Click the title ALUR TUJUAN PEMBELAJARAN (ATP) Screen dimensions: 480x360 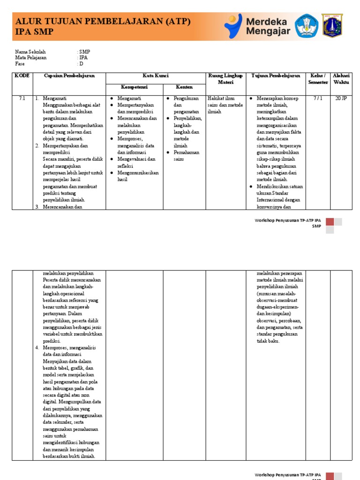tap(103, 22)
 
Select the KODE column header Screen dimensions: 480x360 tap(22, 76)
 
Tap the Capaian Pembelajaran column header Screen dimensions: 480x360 tap(69, 76)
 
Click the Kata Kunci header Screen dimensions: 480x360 tap(156, 76)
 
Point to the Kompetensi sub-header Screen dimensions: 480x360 tap(134, 87)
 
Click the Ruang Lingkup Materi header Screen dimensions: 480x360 tap(225, 79)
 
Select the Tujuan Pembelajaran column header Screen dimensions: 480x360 tap(276, 76)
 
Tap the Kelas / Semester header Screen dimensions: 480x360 tap(318, 79)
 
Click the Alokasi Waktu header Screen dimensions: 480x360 tap(341, 79)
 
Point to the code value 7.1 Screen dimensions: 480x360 tap(22, 98)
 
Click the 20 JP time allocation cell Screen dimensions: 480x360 tap(341, 98)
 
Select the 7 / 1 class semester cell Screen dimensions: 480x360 tap(318, 98)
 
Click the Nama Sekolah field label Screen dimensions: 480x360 tap(30, 52)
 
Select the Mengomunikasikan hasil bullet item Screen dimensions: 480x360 tap(138, 176)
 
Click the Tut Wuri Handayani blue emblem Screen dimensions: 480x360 tap(307, 25)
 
